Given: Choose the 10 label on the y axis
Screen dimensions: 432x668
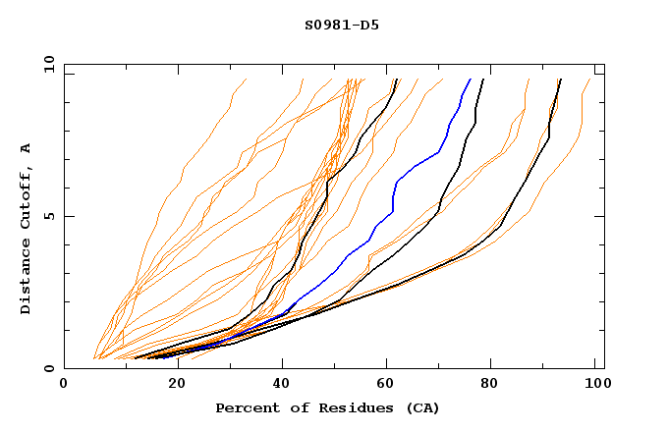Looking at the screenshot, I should click(x=46, y=64).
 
